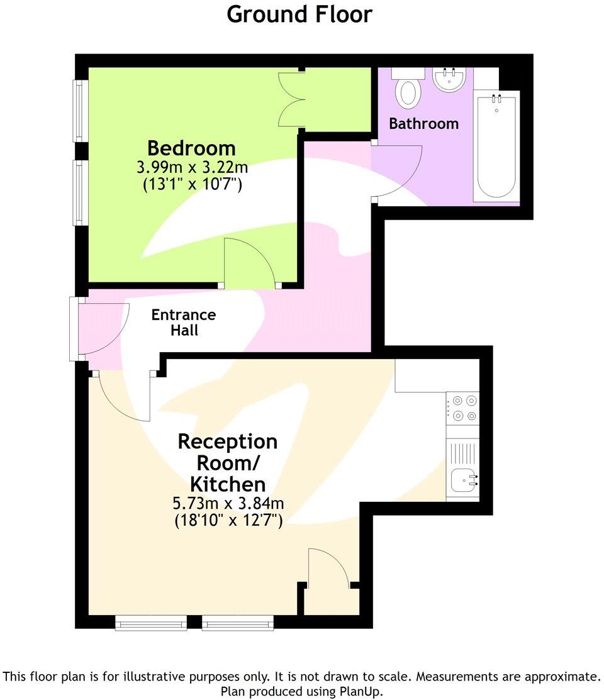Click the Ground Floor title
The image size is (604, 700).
click(x=299, y=14)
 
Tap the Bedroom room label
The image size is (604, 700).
click(x=191, y=148)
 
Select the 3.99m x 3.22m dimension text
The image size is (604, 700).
click(x=191, y=168)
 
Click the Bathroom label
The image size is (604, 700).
click(x=423, y=123)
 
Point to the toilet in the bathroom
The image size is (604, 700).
click(x=408, y=91)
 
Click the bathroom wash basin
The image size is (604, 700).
click(x=449, y=80)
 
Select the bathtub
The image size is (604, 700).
click(x=497, y=146)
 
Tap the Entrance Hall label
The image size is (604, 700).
click(x=184, y=322)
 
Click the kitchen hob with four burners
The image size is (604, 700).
click(x=462, y=407)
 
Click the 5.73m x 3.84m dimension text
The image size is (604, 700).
click(x=228, y=504)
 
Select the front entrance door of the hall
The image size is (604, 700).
click(x=101, y=328)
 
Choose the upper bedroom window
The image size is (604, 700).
click(x=79, y=111)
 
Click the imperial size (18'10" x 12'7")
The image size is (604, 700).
click(x=228, y=521)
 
